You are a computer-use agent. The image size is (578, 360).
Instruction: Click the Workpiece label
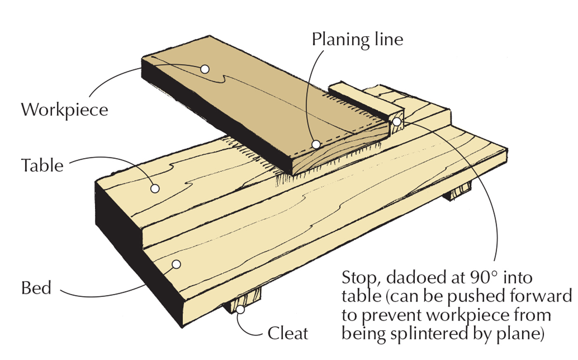tap(64, 110)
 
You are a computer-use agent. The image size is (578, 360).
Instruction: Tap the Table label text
tap(43, 166)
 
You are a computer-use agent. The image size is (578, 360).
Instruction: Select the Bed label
tap(36, 288)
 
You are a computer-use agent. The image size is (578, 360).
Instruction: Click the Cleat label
tap(288, 333)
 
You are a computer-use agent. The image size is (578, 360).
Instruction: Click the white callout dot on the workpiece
tap(205, 69)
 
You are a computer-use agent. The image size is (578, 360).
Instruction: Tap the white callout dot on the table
tap(155, 188)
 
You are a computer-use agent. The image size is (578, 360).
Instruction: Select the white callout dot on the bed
tap(176, 264)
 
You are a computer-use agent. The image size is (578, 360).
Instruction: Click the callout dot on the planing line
tap(316, 144)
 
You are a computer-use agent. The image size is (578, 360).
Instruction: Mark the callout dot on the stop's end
tap(397, 122)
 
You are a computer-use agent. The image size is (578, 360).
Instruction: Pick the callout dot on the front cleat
tap(240, 308)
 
